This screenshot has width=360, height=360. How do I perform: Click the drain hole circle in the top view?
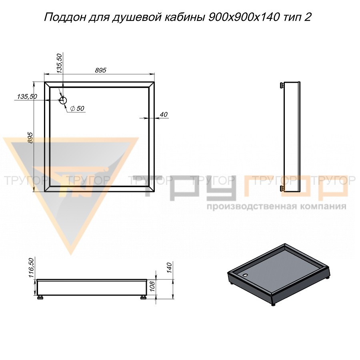63,100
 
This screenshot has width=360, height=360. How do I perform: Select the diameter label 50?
78,108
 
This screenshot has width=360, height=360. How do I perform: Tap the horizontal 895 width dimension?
100,70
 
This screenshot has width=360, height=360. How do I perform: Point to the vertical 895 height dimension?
30,138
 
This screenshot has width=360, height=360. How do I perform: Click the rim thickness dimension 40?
163,114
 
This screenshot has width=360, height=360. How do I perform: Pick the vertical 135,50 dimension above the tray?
59,63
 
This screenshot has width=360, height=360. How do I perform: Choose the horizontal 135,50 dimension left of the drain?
27,97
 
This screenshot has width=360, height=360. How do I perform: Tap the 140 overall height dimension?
169,268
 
